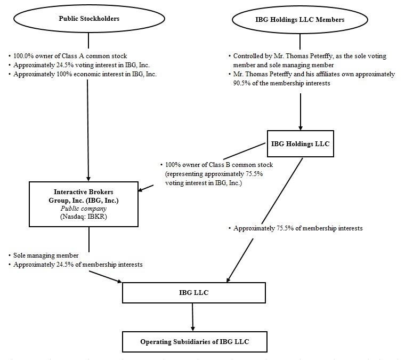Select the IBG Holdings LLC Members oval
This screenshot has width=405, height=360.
pos(300,20)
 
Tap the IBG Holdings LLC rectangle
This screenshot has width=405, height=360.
pos(300,143)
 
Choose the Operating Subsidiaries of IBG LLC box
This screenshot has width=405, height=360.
pos(193,341)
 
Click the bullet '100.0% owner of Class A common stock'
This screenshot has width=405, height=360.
pos(69,56)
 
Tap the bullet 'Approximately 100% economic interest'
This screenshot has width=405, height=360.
pos(85,74)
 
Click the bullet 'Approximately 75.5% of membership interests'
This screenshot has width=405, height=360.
pos(298,228)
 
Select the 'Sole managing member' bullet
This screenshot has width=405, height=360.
pos(46,255)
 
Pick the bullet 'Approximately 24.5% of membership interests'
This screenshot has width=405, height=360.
pos(77,265)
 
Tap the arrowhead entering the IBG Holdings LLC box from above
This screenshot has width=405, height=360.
pos(301,127)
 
